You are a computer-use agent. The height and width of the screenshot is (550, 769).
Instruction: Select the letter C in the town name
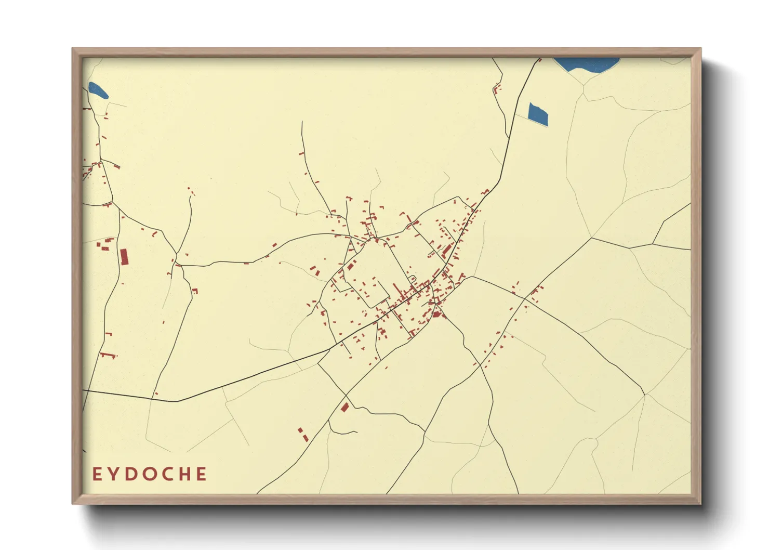pyautogui.click(x=167, y=474)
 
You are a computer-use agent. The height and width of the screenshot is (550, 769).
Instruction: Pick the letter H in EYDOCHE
pyautogui.click(x=184, y=474)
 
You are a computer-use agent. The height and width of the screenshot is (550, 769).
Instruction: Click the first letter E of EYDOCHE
pyautogui.click(x=97, y=474)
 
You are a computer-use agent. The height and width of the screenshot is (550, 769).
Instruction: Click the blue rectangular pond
pyautogui.click(x=538, y=114)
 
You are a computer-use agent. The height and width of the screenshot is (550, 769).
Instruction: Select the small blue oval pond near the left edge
pyautogui.click(x=98, y=90)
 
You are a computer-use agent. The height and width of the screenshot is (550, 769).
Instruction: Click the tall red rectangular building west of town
pyautogui.click(x=124, y=257)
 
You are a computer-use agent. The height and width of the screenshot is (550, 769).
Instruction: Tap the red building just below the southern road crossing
pyautogui.click(x=344, y=407)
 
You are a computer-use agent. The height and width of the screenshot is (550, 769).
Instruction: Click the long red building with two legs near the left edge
pyautogui.click(x=108, y=355)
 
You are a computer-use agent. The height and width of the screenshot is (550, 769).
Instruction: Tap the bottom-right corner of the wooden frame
pyautogui.click(x=700, y=503)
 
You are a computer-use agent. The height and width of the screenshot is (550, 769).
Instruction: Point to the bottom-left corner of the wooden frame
pyautogui.click(x=73, y=503)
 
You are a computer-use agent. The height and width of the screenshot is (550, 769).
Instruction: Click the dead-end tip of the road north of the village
pyautogui.click(x=302, y=122)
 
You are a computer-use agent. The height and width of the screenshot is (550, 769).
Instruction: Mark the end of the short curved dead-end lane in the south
pyautogui.click(x=357, y=431)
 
